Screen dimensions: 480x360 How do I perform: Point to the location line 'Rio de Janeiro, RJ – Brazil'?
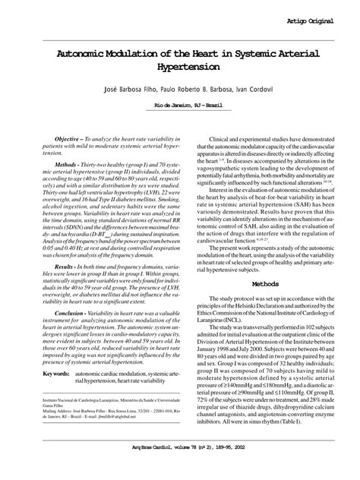pos(180,106)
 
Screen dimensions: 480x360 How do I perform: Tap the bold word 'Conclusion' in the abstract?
pos(67,313)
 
